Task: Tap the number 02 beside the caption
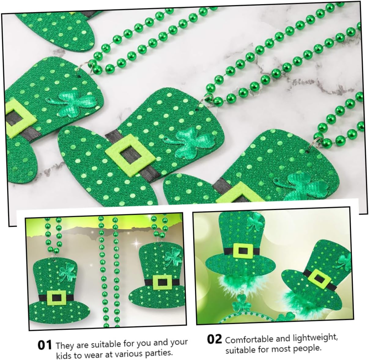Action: click(214, 339)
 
